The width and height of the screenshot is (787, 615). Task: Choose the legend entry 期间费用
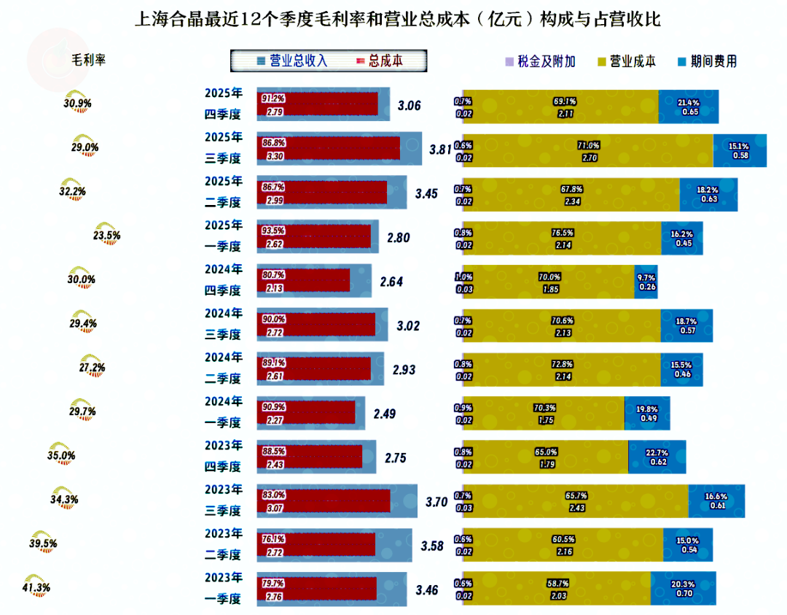[708, 61]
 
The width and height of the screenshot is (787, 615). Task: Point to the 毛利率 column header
[88, 60]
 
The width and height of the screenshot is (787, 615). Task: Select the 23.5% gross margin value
[107, 236]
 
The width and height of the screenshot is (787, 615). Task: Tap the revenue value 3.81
[440, 150]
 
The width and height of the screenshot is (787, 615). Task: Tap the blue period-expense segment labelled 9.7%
[646, 281]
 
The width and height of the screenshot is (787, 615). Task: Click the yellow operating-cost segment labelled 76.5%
[561, 238]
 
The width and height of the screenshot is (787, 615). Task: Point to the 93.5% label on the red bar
[273, 231]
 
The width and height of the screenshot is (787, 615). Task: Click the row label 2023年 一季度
[223, 588]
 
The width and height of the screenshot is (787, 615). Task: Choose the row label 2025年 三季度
[223, 148]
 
